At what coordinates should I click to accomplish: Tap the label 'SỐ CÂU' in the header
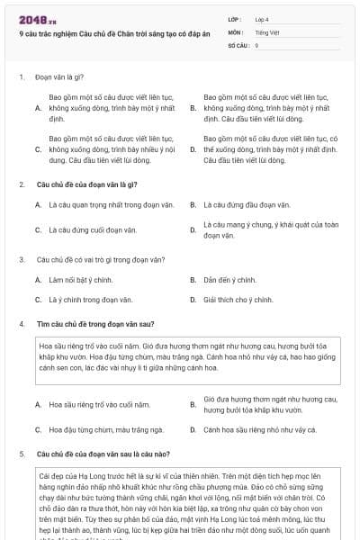click(x=238, y=44)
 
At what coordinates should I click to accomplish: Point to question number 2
click(x=22, y=184)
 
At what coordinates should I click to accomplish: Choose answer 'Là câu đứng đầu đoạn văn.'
click(x=247, y=205)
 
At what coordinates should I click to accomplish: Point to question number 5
click(x=22, y=454)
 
